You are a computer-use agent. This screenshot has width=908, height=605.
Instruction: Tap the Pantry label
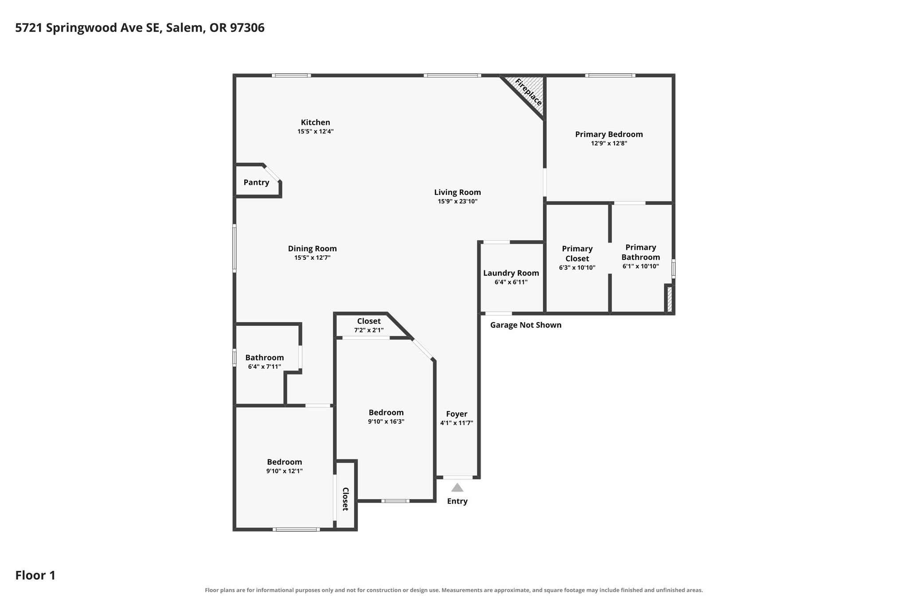[x=256, y=182]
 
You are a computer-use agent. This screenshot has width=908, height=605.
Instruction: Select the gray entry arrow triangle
[x=457, y=488]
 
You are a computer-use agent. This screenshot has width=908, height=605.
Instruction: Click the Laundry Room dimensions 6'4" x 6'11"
[x=511, y=282]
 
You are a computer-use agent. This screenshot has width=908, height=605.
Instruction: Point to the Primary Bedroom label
[x=609, y=134]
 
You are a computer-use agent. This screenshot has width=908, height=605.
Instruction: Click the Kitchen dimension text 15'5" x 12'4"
[x=315, y=132]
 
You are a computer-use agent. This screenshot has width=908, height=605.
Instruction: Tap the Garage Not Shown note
[x=526, y=325]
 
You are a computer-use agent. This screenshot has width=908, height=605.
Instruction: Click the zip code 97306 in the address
[x=247, y=28]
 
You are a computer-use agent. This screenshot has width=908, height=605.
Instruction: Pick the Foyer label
[x=457, y=414]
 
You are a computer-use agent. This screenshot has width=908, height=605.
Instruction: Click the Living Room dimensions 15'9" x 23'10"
[x=458, y=201]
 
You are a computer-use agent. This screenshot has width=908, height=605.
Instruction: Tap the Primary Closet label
[x=577, y=254]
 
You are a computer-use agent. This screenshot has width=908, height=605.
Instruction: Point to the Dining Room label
[x=313, y=249]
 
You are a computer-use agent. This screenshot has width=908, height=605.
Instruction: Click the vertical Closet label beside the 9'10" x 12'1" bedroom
[x=345, y=499]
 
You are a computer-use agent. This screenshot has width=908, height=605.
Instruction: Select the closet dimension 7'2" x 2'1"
[x=369, y=330]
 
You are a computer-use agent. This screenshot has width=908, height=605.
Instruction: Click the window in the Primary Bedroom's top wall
[x=610, y=75]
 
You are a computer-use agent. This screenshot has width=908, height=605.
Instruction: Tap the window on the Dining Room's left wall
[x=235, y=248]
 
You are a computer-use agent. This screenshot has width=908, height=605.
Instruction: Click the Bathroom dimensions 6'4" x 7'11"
[x=265, y=367]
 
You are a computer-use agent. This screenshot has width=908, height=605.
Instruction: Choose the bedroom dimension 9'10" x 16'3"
[x=386, y=422]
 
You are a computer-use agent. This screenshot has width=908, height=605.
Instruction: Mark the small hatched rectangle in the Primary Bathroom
[x=669, y=299]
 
